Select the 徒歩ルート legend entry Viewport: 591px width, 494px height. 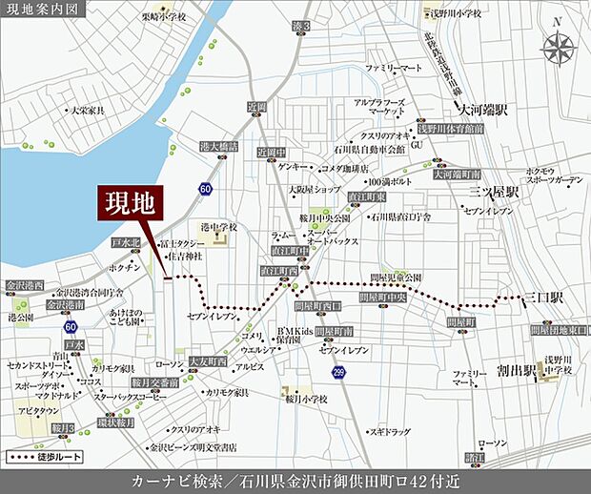coord(47,458)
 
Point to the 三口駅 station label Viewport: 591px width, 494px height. coord(544,298)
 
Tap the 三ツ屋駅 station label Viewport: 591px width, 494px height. coord(494,192)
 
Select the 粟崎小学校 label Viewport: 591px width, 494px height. coord(162,16)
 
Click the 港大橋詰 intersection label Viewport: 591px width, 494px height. coord(217,147)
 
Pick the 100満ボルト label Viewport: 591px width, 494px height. coord(390,180)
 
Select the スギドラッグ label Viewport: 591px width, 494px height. coord(390,405)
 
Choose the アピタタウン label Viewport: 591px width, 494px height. coord(39,412)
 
